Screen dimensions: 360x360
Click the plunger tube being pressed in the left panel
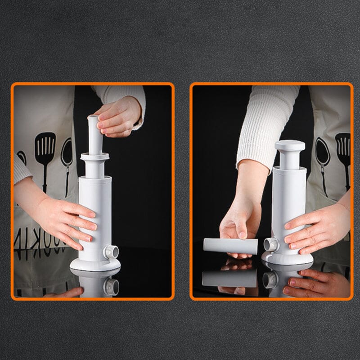tap(94, 135)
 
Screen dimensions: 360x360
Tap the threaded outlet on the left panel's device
tap(111, 252)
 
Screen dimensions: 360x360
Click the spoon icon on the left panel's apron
tap(67, 157)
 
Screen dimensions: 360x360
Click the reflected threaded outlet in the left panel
tap(111, 286)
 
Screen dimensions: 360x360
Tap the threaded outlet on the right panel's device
tap(271, 244)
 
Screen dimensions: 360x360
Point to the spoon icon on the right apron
tap(322, 157)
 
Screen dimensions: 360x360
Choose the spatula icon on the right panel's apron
tap(343, 153)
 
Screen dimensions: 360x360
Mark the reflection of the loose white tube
tap(229, 278)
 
